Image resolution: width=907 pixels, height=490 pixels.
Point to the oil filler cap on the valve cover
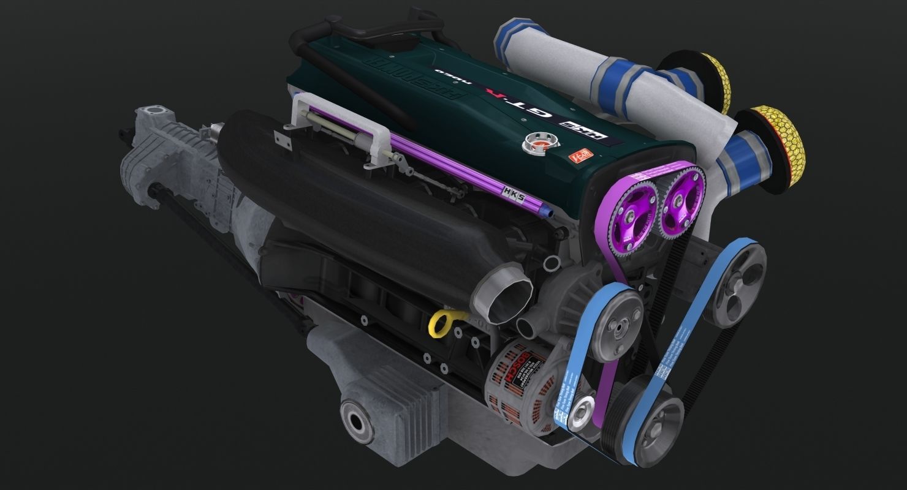(x=533, y=147)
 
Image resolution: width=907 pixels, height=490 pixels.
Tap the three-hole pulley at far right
(x=735, y=282)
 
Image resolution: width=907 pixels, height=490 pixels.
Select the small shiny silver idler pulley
(x=580, y=418)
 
